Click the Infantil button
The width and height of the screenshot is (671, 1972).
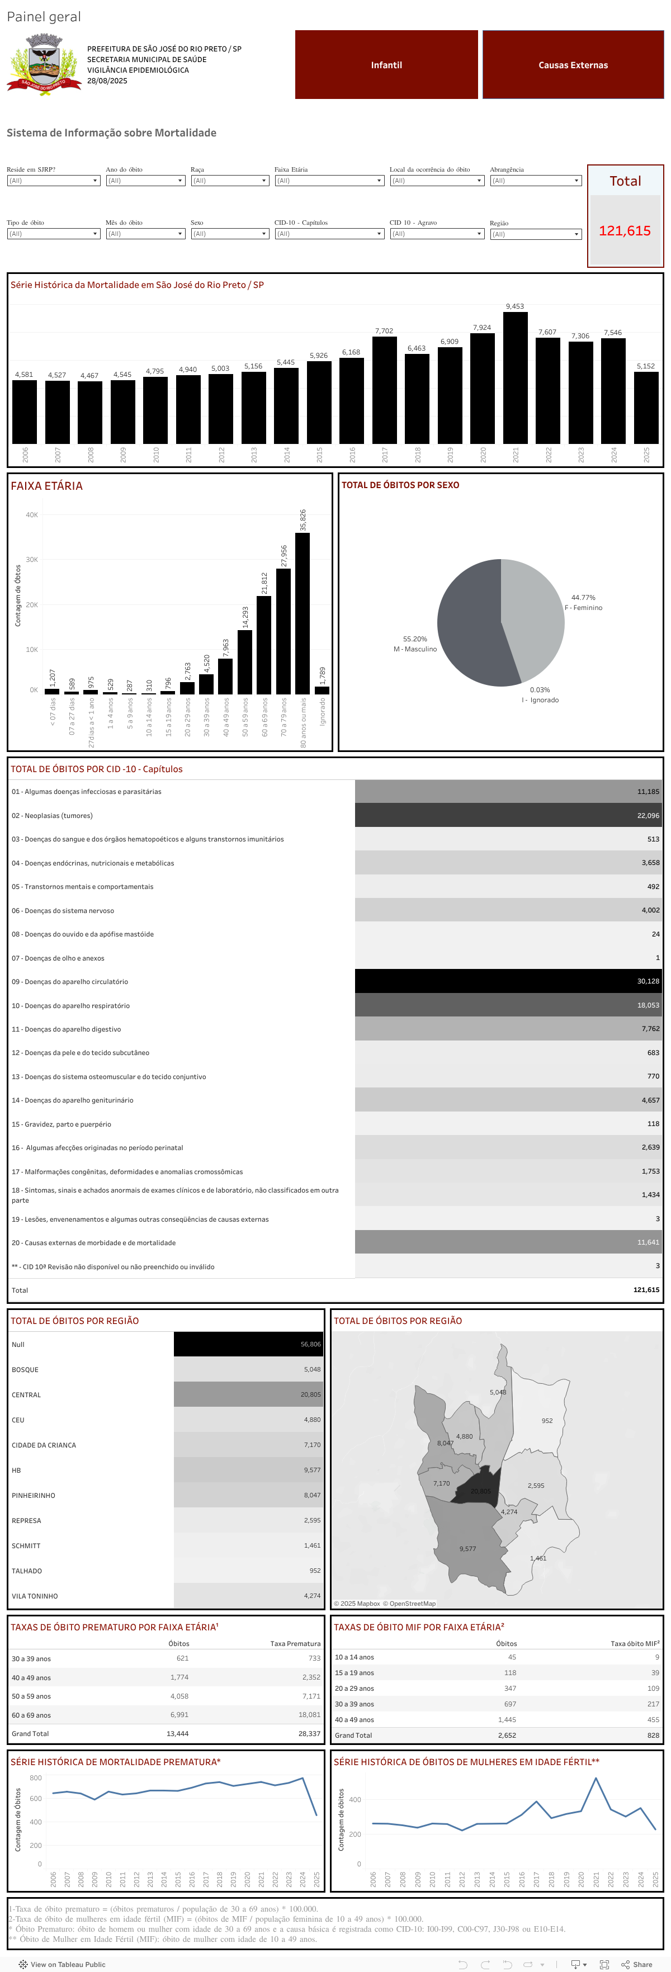click(386, 65)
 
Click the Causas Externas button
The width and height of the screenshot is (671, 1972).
click(573, 65)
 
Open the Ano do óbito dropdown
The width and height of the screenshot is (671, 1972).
click(145, 181)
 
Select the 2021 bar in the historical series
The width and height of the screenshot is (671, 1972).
click(515, 379)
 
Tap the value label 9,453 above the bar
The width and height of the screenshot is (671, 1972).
click(515, 306)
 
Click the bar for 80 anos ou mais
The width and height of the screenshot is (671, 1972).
click(303, 612)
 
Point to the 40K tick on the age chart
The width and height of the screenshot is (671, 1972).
click(31, 515)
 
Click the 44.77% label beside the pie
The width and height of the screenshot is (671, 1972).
click(583, 598)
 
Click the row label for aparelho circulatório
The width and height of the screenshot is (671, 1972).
click(70, 981)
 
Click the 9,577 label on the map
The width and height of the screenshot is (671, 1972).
click(467, 1549)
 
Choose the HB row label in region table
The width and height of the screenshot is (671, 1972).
click(16, 1470)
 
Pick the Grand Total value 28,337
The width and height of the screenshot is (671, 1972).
click(309, 1734)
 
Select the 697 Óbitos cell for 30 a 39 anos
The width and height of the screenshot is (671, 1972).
click(509, 1704)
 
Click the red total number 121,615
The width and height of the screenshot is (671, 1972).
click(624, 231)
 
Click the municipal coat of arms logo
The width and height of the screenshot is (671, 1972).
click(44, 64)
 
